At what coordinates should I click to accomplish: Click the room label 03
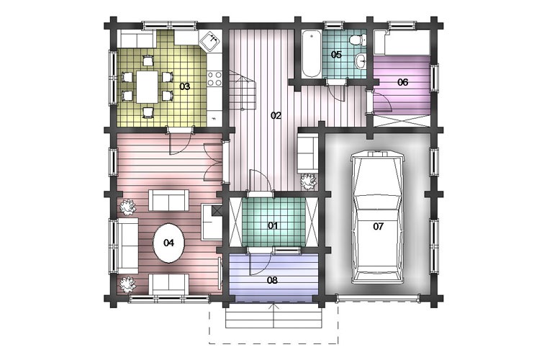184,86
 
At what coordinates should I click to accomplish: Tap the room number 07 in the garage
378,226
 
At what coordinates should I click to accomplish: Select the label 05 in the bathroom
336,55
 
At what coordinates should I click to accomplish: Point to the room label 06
402,82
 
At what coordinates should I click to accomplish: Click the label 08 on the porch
272,280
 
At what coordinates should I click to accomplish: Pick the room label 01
273,225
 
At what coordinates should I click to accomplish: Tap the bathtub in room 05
312,54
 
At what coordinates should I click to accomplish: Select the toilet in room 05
358,40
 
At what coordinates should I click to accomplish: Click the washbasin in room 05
361,61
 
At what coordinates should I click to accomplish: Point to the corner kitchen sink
210,41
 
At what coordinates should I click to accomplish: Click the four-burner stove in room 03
214,78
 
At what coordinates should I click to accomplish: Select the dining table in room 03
148,86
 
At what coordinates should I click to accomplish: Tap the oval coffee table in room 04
169,243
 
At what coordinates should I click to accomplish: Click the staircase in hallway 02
242,89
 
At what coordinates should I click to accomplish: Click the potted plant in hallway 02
308,181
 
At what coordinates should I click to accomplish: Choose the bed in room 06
402,42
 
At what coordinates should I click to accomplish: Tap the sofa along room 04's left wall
127,246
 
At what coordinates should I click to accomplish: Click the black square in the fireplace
217,210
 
